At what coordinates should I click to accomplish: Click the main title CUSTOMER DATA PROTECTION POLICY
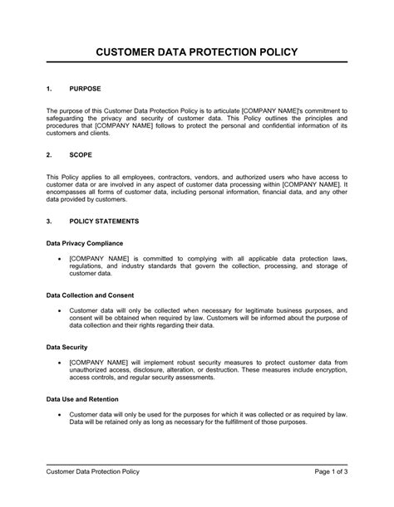click(x=196, y=52)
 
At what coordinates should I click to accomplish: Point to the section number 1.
click(x=49, y=87)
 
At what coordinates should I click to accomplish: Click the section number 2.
click(x=49, y=154)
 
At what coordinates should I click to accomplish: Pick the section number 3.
click(x=49, y=222)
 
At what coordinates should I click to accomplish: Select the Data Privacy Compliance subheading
click(x=85, y=243)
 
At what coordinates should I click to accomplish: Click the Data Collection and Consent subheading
click(x=91, y=295)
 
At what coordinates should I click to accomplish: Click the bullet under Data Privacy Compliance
click(x=59, y=258)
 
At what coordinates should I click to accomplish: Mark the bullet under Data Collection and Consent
click(x=59, y=310)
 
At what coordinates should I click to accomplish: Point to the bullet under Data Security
click(x=59, y=363)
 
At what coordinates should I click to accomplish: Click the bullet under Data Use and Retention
click(x=59, y=414)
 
